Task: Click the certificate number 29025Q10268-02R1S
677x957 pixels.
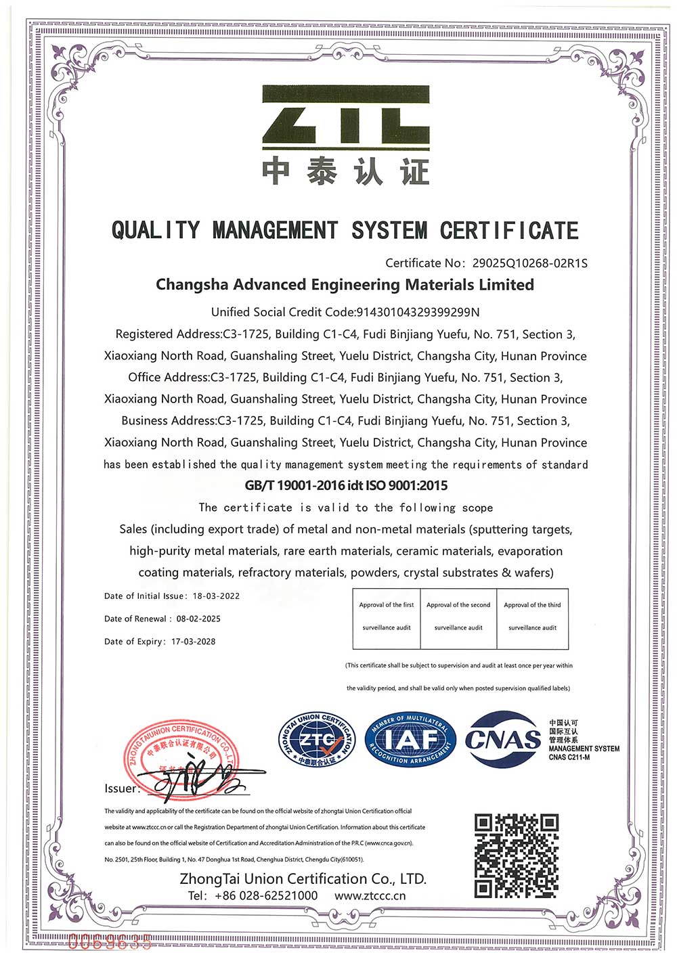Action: pyautogui.click(x=529, y=263)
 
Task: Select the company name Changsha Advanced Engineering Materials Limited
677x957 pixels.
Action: pyautogui.click(x=345, y=285)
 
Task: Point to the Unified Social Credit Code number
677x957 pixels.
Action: pyautogui.click(x=418, y=312)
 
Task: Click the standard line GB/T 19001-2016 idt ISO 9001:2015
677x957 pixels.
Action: pyautogui.click(x=346, y=485)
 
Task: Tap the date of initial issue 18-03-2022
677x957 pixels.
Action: pyautogui.click(x=216, y=596)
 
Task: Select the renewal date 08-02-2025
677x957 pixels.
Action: pyautogui.click(x=198, y=619)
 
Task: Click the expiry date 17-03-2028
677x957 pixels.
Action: pyautogui.click(x=194, y=642)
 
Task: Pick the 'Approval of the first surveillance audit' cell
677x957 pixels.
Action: pyautogui.click(x=387, y=617)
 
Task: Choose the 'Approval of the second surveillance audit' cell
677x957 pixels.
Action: pyautogui.click(x=458, y=617)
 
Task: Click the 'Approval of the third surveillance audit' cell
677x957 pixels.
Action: pyautogui.click(x=532, y=617)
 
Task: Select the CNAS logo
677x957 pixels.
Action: pyautogui.click(x=504, y=739)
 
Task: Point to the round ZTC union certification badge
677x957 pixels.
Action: pyautogui.click(x=317, y=740)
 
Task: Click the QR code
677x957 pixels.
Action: pyautogui.click(x=517, y=856)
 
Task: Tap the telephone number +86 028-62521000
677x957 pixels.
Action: pyautogui.click(x=265, y=895)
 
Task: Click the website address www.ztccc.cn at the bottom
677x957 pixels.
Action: pyautogui.click(x=370, y=895)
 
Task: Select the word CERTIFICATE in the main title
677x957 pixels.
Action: pyautogui.click(x=509, y=231)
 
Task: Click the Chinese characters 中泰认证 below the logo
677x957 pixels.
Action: pyautogui.click(x=345, y=172)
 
